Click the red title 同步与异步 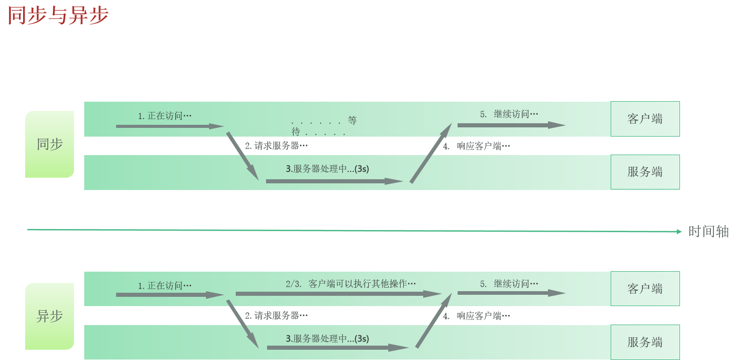[58, 15]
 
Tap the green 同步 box [50, 144]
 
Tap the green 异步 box [50, 316]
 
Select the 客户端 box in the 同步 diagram [645, 119]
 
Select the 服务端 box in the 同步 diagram [645, 172]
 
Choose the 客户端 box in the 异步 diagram [645, 289]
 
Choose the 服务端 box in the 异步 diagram [645, 342]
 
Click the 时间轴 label [708, 232]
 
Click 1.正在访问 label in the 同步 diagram [164, 116]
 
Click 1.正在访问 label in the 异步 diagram [164, 286]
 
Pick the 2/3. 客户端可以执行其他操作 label [350, 283]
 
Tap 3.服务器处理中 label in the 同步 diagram [327, 169]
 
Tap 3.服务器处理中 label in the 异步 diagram [327, 339]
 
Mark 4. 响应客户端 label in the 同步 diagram [477, 146]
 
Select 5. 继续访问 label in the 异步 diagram [509, 283]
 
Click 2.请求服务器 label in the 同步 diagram [276, 146]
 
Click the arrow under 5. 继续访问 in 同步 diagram [511, 125]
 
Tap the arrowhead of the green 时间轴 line [678, 232]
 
